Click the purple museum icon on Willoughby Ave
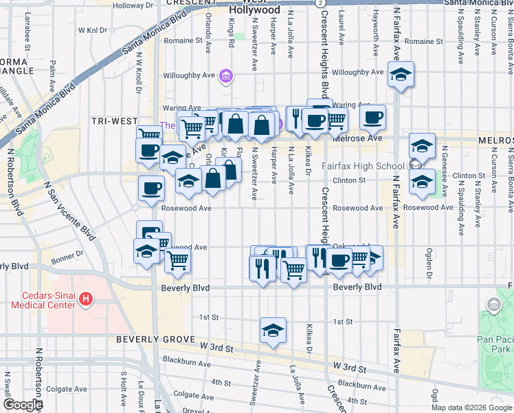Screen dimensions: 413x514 (225, 76)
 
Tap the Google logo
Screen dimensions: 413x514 (23, 405)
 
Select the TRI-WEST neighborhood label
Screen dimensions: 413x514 (115, 121)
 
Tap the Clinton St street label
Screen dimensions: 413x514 (350, 180)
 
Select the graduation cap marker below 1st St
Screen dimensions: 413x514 (273, 330)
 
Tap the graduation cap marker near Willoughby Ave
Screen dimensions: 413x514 (401, 74)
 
